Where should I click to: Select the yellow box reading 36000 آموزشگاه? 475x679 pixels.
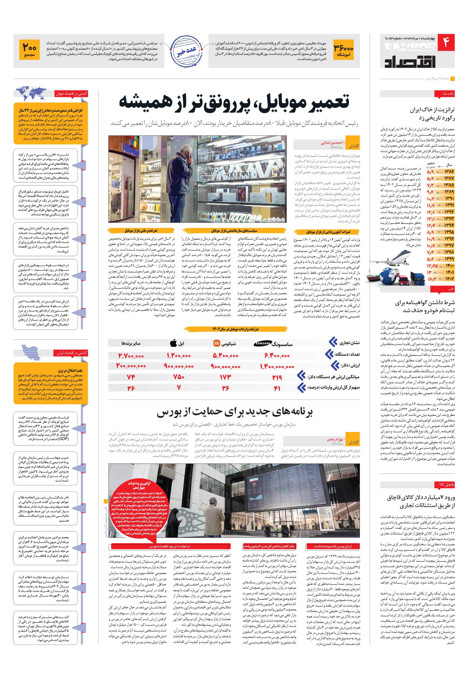(x=344, y=51)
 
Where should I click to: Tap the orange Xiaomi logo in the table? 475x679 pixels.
(x=217, y=343)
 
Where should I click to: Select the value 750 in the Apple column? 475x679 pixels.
(x=179, y=377)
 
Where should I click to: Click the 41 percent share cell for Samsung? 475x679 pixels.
(x=277, y=388)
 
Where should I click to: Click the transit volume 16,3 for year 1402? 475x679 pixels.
(x=432, y=279)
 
